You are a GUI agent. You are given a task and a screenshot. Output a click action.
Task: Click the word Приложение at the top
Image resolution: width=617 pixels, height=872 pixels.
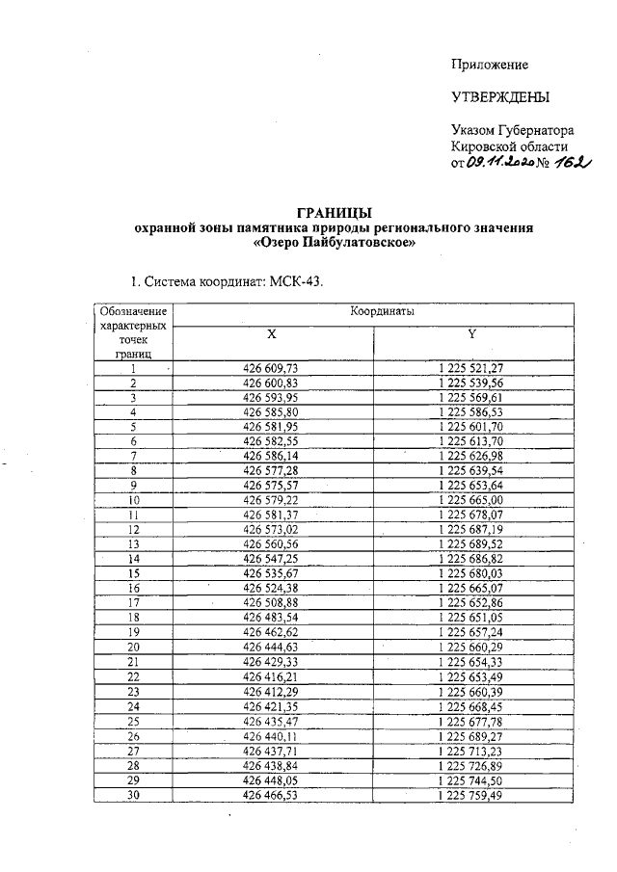[490, 65]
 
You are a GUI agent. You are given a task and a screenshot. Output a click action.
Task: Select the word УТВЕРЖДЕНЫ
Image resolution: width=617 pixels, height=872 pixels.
[500, 97]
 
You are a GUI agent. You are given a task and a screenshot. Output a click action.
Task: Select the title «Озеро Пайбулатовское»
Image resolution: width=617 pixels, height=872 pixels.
[333, 244]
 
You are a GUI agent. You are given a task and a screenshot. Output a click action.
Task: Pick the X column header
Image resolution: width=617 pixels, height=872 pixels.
[272, 333]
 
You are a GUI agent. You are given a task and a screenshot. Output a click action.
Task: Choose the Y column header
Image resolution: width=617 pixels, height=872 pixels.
[471, 333]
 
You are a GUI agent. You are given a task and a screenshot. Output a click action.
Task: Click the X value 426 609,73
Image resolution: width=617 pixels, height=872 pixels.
[272, 368]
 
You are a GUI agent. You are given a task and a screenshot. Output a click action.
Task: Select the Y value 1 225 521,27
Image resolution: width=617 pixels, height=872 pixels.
[471, 368]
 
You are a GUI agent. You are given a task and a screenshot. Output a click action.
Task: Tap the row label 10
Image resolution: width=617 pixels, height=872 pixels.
[134, 501]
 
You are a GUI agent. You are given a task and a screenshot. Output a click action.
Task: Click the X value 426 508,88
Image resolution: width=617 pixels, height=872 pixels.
[272, 602]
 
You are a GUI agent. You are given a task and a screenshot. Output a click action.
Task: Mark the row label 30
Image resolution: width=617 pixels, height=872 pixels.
[134, 796]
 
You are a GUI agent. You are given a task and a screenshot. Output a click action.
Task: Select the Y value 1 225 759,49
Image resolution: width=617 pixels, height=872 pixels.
[471, 796]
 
